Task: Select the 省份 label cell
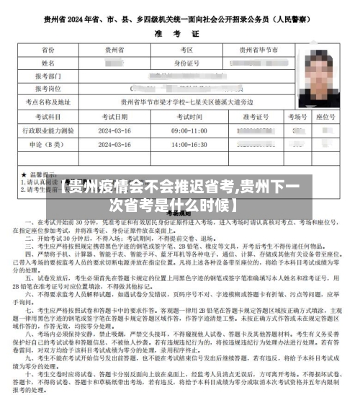(x=48, y=50)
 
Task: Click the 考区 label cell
(x=186, y=50)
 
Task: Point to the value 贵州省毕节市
(x=253, y=50)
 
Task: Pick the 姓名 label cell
(x=48, y=63)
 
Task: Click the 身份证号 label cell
(x=186, y=63)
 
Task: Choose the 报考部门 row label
(x=48, y=76)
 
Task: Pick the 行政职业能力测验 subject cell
(x=48, y=130)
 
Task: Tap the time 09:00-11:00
(x=190, y=130)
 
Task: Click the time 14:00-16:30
(x=190, y=144)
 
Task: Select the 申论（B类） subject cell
(x=48, y=144)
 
